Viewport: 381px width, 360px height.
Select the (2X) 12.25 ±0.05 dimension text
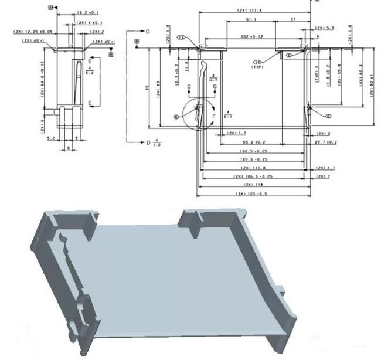point(33,32)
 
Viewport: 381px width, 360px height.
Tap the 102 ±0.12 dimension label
point(253,37)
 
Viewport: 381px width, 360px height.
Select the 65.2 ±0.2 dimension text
point(254,142)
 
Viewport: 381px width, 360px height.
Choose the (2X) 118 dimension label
point(251,185)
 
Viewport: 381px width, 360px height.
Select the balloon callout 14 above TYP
point(257,62)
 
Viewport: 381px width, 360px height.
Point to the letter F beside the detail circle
point(213,117)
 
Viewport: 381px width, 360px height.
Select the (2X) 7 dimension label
point(324,176)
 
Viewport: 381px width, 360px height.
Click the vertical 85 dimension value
point(147,88)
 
